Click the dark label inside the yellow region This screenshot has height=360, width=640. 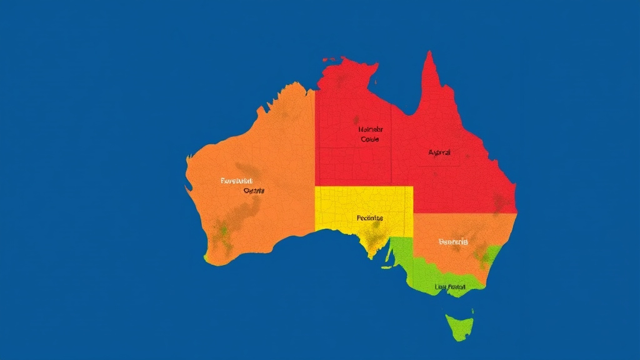[370, 218]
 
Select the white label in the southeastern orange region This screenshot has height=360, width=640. [453, 241]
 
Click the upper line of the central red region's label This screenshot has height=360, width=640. [370, 130]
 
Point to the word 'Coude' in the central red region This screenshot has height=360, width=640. [370, 139]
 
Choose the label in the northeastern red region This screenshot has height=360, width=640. [439, 152]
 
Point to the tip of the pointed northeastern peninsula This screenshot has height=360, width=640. [429, 52]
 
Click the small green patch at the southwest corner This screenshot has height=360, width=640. [206, 257]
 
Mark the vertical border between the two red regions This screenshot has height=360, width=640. [391, 144]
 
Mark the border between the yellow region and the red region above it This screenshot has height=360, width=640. [362, 186]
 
